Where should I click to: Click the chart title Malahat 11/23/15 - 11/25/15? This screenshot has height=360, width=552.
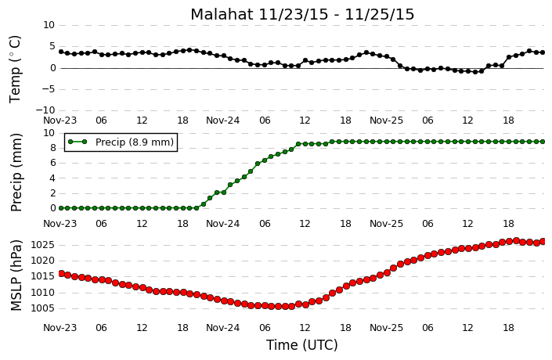click(x=302, y=14)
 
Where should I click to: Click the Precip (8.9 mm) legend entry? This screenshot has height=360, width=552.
click(x=121, y=142)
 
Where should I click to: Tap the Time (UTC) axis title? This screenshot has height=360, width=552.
click(x=301, y=345)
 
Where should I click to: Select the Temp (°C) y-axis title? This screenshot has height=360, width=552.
click(x=15, y=70)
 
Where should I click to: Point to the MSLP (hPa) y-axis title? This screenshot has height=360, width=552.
click(x=16, y=275)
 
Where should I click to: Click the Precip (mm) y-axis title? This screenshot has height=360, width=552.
click(x=16, y=172)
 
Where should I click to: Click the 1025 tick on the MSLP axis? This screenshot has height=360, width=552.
click(x=43, y=245)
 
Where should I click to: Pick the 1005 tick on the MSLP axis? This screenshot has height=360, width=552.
click(x=43, y=308)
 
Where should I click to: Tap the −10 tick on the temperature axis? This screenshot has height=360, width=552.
click(x=45, y=110)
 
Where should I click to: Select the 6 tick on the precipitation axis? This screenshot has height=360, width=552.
click(x=52, y=163)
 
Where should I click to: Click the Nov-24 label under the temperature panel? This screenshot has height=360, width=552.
click(x=222, y=121)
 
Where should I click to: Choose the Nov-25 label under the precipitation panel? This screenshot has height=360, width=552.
click(x=386, y=224)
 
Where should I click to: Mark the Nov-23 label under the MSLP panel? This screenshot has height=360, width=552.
click(x=60, y=328)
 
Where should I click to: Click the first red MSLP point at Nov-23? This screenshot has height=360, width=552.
click(x=61, y=273)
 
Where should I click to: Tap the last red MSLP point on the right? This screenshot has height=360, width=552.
click(x=543, y=241)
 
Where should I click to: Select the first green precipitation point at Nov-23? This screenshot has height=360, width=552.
click(x=61, y=208)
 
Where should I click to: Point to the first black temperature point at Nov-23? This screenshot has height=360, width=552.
click(x=61, y=52)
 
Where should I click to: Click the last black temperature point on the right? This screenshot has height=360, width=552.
click(x=543, y=52)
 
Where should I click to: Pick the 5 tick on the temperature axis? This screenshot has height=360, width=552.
click(x=52, y=46)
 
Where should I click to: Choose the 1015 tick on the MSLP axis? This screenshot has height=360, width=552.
click(x=43, y=276)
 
